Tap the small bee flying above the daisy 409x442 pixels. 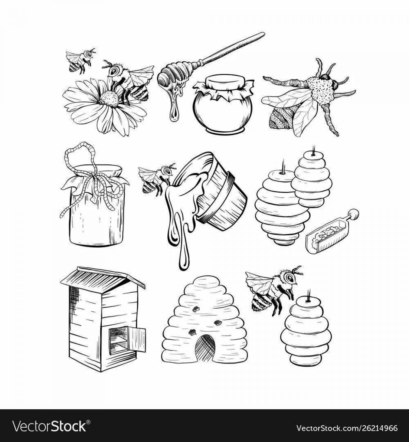click(x=81, y=60)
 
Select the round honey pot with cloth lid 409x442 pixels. click(x=223, y=104)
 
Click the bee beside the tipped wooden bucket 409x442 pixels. click(x=156, y=178)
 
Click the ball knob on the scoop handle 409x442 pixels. click(x=353, y=214)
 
